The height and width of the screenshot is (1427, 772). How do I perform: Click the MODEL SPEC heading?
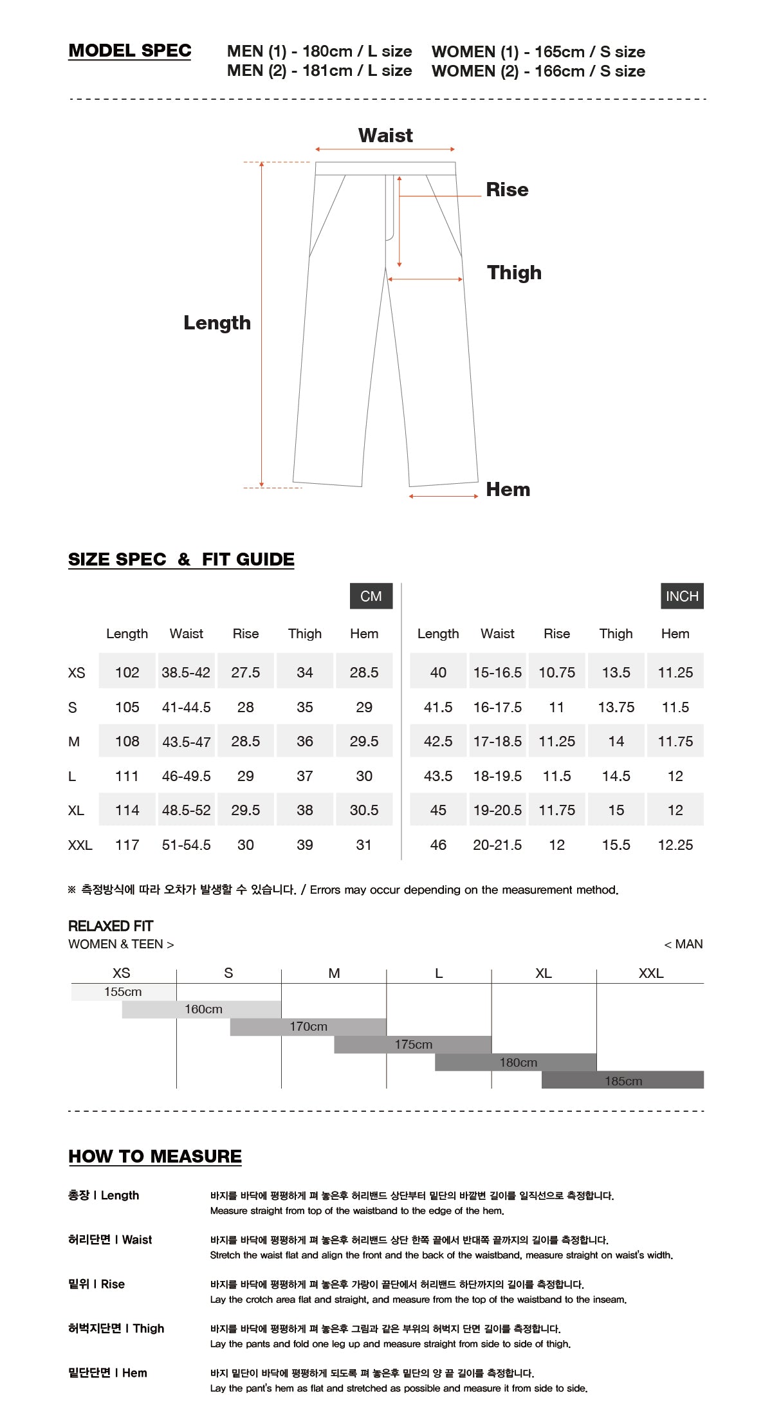tap(129, 51)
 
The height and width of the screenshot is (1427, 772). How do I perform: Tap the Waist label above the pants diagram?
tap(385, 136)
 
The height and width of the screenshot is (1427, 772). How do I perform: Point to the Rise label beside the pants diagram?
tap(507, 190)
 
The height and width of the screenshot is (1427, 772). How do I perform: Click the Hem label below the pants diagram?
tap(508, 490)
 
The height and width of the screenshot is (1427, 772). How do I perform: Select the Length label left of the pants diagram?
tap(217, 323)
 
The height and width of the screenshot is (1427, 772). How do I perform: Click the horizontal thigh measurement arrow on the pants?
tap(425, 279)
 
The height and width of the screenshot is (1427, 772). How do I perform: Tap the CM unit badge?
tap(371, 596)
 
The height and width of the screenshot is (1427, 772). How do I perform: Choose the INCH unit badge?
tap(681, 596)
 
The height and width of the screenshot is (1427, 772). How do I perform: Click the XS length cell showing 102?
tap(127, 672)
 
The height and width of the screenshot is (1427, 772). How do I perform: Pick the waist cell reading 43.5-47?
tap(186, 742)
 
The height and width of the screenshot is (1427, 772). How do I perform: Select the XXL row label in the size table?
tap(80, 845)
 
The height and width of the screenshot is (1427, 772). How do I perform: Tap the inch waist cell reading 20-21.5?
tap(497, 845)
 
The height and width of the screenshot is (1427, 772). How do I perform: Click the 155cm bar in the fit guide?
tap(123, 992)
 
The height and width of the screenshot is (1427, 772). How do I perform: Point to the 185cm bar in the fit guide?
tap(623, 1081)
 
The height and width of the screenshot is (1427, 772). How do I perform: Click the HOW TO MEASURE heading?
tap(155, 1157)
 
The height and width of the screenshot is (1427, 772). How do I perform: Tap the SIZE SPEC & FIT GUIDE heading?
tap(181, 560)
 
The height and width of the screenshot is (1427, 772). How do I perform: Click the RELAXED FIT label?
tap(111, 926)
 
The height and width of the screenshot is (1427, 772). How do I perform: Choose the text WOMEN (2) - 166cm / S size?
tap(538, 71)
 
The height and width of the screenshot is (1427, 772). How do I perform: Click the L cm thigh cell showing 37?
tap(304, 776)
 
